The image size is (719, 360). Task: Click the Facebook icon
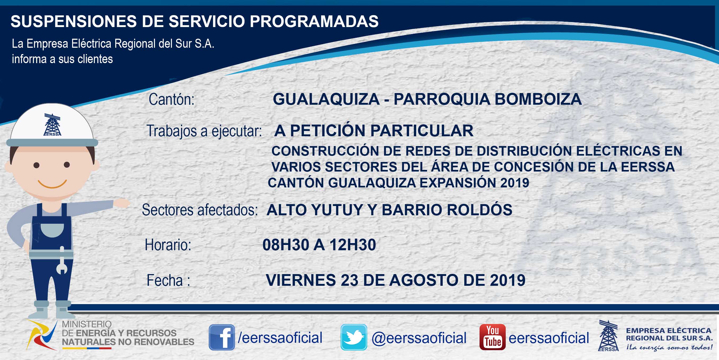click(x=222, y=337)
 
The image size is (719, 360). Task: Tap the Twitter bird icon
click(x=354, y=337)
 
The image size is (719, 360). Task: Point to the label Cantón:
click(x=171, y=99)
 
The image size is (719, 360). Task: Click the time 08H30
click(x=286, y=245)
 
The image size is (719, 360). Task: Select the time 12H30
click(x=353, y=245)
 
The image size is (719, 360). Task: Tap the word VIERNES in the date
click(x=301, y=280)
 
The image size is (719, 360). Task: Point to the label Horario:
click(x=168, y=245)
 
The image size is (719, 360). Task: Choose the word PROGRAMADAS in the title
click(x=314, y=21)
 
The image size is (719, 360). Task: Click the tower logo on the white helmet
click(x=52, y=125)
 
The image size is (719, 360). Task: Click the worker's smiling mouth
click(x=52, y=184)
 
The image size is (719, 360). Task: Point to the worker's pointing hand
click(x=121, y=203)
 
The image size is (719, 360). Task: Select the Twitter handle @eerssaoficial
click(x=419, y=338)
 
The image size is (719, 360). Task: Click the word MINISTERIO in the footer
click(x=87, y=324)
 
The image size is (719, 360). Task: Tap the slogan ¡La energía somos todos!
click(x=669, y=348)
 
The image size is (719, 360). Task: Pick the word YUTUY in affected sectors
click(x=337, y=210)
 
